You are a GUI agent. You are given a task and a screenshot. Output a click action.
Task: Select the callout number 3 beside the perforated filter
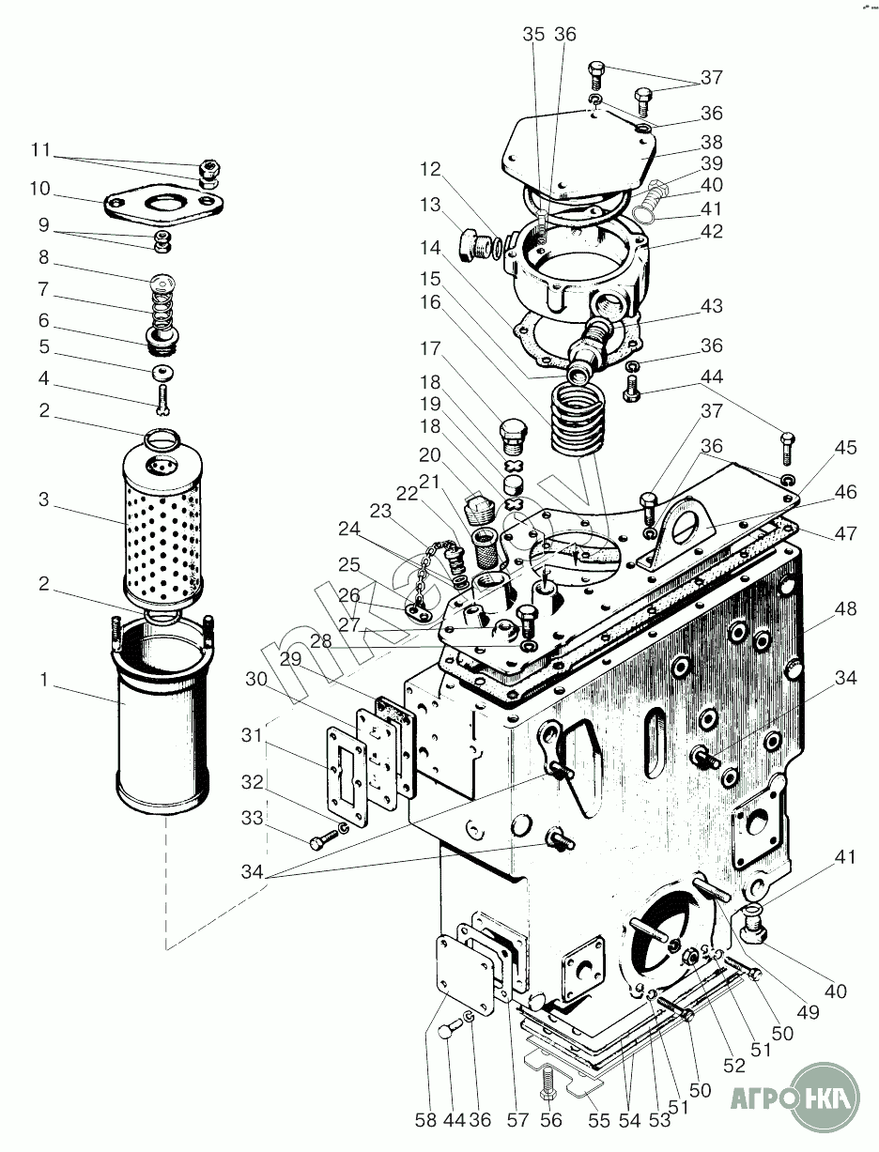[44, 499]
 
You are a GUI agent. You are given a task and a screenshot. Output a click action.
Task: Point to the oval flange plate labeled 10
[164, 206]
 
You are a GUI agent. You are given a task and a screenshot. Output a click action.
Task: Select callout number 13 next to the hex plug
[430, 205]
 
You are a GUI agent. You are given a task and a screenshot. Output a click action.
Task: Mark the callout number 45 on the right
[846, 448]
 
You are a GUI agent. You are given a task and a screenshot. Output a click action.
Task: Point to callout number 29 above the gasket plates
[290, 659]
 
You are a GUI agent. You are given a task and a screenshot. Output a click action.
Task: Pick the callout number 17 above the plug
[430, 348]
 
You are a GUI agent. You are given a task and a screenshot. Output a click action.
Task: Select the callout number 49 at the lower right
[809, 1012]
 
